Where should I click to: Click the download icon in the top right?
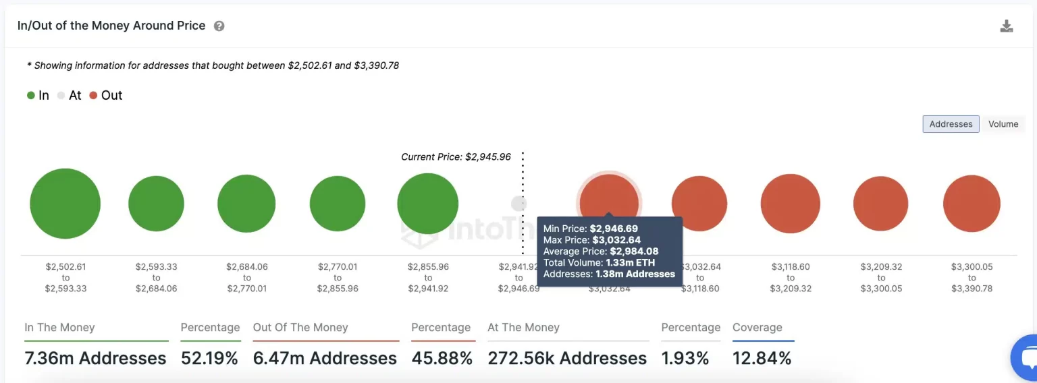pos(1006,26)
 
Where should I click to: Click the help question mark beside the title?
pos(219,26)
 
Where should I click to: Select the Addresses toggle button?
pos(951,124)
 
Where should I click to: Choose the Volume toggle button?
pos(1003,124)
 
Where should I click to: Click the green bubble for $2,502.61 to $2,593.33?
pos(65,204)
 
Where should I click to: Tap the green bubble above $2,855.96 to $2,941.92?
pos(427,204)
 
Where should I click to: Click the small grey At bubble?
pos(518,204)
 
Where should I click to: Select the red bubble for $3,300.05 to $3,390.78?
pos(972,204)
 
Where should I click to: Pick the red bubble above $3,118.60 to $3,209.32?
pos(790,204)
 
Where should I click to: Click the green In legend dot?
pos(30,96)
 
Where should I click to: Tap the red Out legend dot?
pos(93,96)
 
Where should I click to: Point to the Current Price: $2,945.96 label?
pos(456,156)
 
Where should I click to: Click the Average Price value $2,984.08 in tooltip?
pos(616,252)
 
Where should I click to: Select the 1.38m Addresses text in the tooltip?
pos(635,274)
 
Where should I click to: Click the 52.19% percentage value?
pos(209,358)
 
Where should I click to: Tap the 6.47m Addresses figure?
pos(325,358)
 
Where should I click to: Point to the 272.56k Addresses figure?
pos(567,358)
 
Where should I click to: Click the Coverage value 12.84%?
pos(762,358)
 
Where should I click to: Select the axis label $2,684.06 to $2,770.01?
pos(246,278)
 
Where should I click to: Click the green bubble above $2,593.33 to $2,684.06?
pos(156,204)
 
